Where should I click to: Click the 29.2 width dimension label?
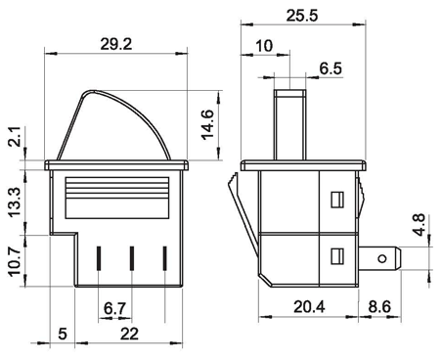pos(116,44)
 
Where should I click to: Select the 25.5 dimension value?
pos(302,16)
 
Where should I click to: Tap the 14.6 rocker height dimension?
pos(207,124)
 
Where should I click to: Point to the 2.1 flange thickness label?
pos(15,137)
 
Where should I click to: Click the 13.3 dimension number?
pos(15,202)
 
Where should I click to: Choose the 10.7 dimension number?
pos(15,261)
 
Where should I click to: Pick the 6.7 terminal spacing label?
pos(114,308)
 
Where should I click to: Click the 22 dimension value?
pos(129,334)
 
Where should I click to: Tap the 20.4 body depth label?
pos(309,307)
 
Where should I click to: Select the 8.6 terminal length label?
pos(379,307)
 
